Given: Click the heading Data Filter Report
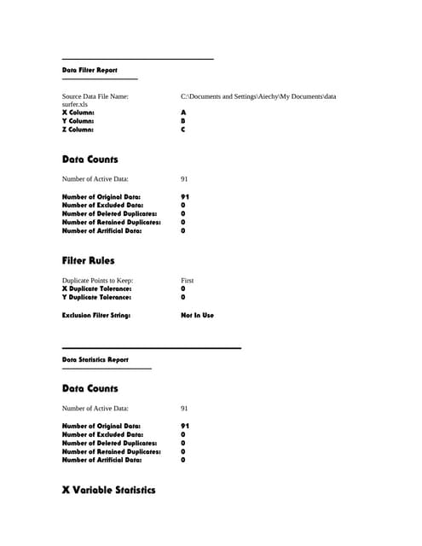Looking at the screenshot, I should (x=90, y=70).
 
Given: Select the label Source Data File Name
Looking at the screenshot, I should (x=95, y=96).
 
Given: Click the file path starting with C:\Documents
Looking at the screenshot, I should (x=258, y=96).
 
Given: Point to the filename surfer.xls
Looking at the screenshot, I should (x=75, y=104).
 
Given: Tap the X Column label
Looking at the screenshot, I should (x=78, y=113).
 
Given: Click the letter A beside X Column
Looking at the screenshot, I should (x=183, y=113).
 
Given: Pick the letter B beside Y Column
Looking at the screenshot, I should (x=183, y=121).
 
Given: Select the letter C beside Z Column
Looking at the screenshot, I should (x=183, y=130).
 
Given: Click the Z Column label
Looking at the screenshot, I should (x=78, y=130).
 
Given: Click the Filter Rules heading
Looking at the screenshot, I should (x=88, y=260).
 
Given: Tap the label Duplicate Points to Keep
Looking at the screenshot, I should (x=97, y=281).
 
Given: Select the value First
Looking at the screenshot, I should (x=188, y=281).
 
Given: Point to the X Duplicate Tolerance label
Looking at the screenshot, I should (x=96, y=288).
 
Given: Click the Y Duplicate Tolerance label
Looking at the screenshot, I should (x=96, y=297).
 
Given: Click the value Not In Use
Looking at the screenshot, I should (x=197, y=315).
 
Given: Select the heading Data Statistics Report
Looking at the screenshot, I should (x=95, y=359).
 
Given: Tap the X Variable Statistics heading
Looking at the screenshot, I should (x=108, y=491).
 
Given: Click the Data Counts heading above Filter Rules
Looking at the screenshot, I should (x=90, y=160).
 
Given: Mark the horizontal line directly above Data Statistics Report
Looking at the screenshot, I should (x=152, y=348).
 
